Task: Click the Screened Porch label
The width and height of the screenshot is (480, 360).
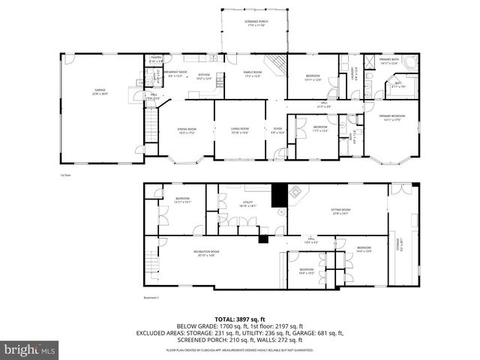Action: click(x=256, y=23)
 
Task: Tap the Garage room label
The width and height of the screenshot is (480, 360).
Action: click(x=100, y=94)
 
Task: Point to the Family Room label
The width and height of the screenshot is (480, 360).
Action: click(x=252, y=73)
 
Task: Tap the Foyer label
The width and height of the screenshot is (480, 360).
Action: click(x=277, y=130)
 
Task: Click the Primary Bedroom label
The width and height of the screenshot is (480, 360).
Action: click(x=391, y=118)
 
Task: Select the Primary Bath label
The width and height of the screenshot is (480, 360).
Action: click(x=389, y=61)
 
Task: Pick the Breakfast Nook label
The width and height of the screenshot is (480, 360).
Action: click(x=175, y=73)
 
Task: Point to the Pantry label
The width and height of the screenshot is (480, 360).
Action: click(x=156, y=59)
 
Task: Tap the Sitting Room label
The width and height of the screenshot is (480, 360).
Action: click(x=342, y=211)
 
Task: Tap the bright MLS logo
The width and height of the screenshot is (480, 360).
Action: click(x=30, y=349)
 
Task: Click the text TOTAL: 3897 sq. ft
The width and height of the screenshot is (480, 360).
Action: click(x=239, y=318)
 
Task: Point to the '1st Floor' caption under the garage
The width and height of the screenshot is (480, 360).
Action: click(x=65, y=175)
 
